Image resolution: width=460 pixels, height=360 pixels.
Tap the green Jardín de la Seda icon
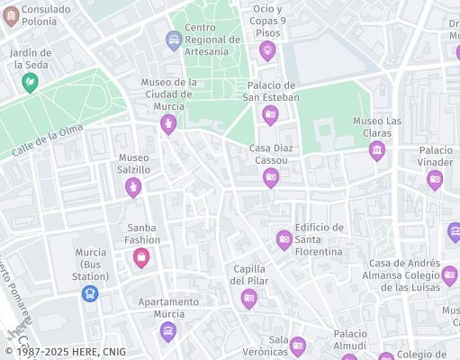30,83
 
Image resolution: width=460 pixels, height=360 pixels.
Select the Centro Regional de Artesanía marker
174,40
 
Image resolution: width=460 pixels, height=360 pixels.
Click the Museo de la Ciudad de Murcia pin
168,124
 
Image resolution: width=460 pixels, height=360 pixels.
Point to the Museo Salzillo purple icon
133,186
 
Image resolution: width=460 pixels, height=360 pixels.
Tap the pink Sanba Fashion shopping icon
141,258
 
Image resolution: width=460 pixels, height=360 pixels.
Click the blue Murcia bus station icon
90,292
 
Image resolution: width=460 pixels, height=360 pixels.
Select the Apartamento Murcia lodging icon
167,331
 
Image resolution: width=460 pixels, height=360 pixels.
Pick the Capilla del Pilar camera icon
248,299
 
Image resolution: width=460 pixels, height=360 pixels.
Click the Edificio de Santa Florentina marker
284,238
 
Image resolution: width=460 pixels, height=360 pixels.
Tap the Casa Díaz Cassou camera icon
270,177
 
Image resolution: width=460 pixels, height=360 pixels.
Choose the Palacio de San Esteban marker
269,114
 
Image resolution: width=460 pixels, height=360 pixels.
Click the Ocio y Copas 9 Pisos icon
266,50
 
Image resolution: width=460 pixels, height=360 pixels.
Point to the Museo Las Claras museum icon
377,148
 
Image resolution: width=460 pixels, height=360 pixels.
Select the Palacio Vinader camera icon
435,179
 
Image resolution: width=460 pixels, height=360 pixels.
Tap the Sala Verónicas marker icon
298,345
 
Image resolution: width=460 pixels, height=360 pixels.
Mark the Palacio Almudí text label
349,339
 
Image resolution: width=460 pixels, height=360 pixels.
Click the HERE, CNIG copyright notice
65,352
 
